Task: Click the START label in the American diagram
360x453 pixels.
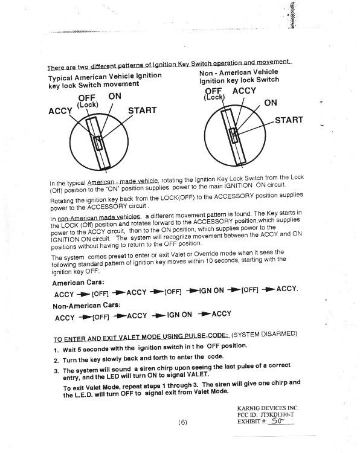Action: click(x=142, y=111)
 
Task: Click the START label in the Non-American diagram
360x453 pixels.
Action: click(x=289, y=120)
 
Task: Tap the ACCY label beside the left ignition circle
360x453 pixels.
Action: click(x=60, y=111)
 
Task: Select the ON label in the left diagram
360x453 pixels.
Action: click(x=115, y=96)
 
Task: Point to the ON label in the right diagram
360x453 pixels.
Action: click(x=271, y=103)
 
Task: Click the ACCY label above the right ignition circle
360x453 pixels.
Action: click(x=244, y=91)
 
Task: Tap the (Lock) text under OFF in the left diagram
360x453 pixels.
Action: click(x=88, y=104)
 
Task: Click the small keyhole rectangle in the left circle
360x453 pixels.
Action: click(x=98, y=143)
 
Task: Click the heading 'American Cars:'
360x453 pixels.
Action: click(x=78, y=283)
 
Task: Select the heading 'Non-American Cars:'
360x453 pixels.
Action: click(x=86, y=306)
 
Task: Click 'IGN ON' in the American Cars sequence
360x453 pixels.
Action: click(x=211, y=291)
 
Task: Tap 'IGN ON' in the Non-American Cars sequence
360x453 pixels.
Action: click(x=179, y=315)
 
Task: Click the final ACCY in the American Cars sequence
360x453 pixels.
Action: click(x=287, y=289)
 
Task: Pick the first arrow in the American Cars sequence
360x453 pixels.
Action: click(x=83, y=294)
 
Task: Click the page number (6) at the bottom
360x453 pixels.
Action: click(x=182, y=422)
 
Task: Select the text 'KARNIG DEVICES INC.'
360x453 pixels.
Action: click(x=268, y=408)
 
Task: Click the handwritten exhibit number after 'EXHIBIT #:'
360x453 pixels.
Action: click(x=277, y=420)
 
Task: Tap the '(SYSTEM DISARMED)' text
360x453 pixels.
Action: click(x=264, y=334)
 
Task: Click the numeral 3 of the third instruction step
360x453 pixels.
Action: click(x=56, y=371)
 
